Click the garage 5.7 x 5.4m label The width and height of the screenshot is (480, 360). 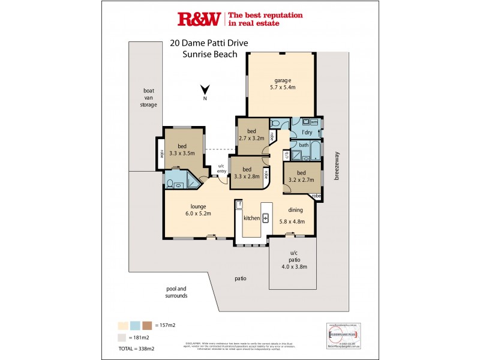[x=283, y=83]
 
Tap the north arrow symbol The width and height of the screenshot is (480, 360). [x=205, y=91]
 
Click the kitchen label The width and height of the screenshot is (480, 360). [x=251, y=218]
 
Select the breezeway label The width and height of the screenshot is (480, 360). [x=337, y=169]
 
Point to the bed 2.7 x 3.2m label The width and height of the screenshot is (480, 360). [x=252, y=134]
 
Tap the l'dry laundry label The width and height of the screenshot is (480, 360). [x=307, y=131]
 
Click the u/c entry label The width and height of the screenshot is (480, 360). [x=221, y=169]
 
